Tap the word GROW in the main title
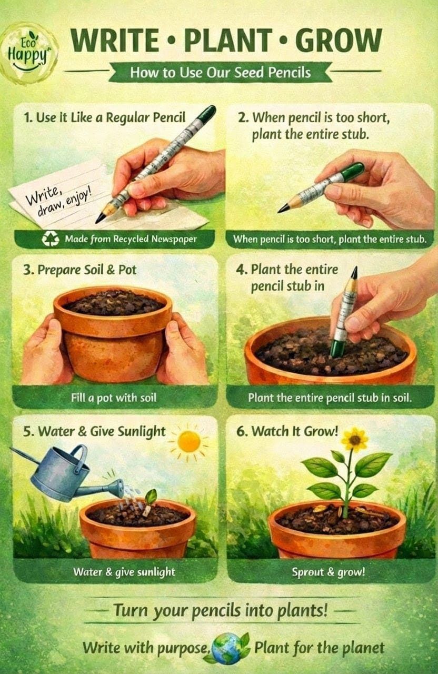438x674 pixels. point(338,41)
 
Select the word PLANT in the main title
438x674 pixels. point(228,41)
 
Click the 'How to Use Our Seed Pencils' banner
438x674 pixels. point(221,73)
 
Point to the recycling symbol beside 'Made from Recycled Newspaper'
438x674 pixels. point(50,239)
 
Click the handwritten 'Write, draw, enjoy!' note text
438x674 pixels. point(58,201)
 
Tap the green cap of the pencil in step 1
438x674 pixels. point(208,113)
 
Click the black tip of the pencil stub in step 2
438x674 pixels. point(282,210)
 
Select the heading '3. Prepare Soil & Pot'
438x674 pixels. point(79,270)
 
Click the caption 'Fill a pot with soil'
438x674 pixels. point(114,398)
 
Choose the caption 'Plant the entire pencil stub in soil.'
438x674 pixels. point(330,398)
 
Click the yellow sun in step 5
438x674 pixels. point(189,441)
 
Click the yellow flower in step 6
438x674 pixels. point(355,440)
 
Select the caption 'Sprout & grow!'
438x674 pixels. point(328,572)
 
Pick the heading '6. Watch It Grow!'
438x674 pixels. point(287,431)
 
